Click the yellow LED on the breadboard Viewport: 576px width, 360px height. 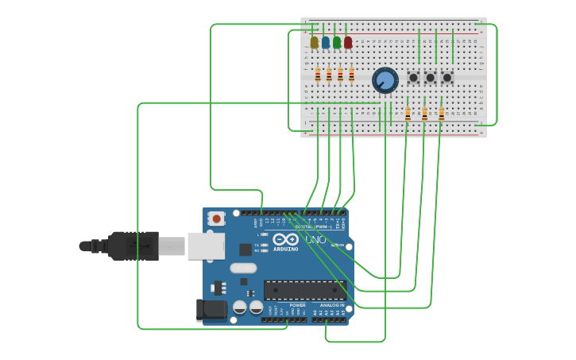pyautogui.click(x=315, y=42)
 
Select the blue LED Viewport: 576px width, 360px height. pyautogui.click(x=326, y=42)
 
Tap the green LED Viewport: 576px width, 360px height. pyautogui.click(x=337, y=42)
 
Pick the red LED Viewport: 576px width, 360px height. pyautogui.click(x=348, y=42)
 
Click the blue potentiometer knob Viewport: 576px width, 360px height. pyautogui.click(x=385, y=80)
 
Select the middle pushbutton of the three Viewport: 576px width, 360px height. pyautogui.click(x=430, y=78)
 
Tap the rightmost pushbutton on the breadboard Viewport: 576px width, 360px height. pyautogui.click(x=446, y=78)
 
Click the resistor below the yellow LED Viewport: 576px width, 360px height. pyautogui.click(x=318, y=75)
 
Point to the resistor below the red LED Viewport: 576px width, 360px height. pyautogui.click(x=351, y=75)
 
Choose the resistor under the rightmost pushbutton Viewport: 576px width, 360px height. pyautogui.click(x=442, y=114)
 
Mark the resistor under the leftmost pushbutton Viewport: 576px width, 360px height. pyautogui.click(x=408, y=114)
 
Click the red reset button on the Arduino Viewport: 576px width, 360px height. pyautogui.click(x=216, y=218)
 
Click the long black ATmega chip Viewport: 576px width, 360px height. pyautogui.click(x=304, y=290)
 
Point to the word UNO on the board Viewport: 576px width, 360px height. pyautogui.click(x=315, y=239)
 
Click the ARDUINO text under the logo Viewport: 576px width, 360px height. pyautogui.click(x=286, y=249)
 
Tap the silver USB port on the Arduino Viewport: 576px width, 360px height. pyautogui.click(x=206, y=246)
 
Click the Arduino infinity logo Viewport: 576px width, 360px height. pyautogui.click(x=285, y=239)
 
